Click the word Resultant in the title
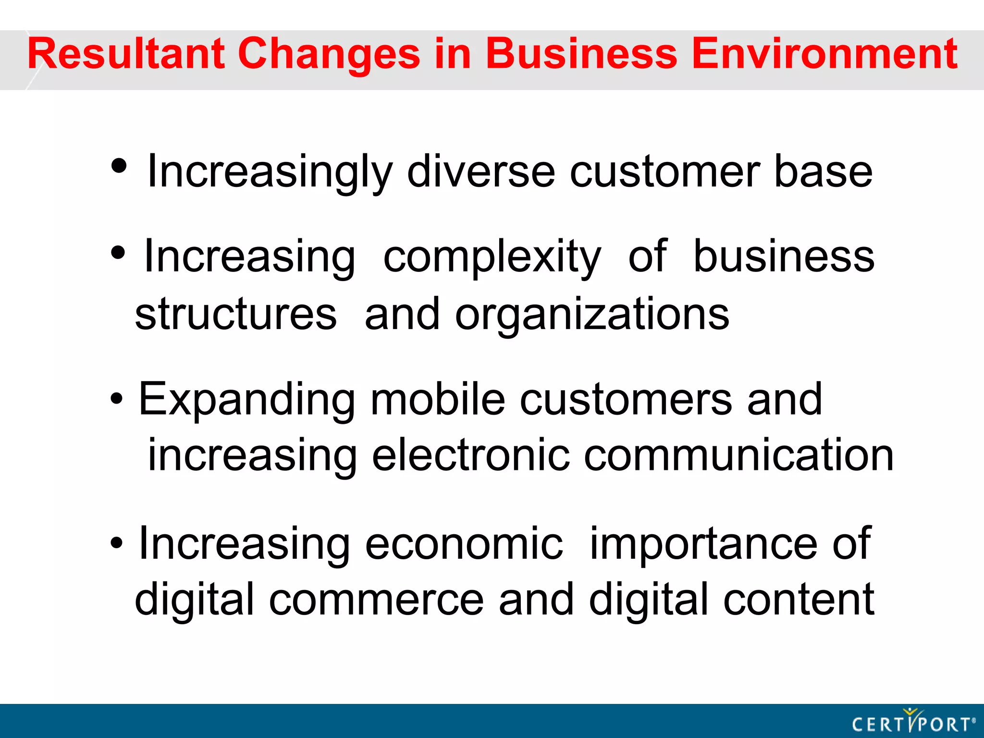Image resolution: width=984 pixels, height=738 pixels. point(126,54)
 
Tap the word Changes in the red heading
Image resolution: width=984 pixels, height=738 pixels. point(329,55)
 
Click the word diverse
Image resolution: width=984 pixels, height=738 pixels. point(481,172)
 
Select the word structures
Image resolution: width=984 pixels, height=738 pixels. point(236,314)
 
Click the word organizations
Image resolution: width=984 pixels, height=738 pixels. point(592,315)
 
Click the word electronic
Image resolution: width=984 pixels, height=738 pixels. point(471,455)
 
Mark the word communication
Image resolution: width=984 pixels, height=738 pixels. point(738,455)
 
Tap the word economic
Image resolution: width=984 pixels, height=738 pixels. point(464,544)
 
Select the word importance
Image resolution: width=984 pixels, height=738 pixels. point(703,545)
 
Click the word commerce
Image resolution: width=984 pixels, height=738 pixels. point(376,600)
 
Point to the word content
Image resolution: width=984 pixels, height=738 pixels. point(799,600)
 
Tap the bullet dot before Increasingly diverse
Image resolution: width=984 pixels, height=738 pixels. point(119,166)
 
